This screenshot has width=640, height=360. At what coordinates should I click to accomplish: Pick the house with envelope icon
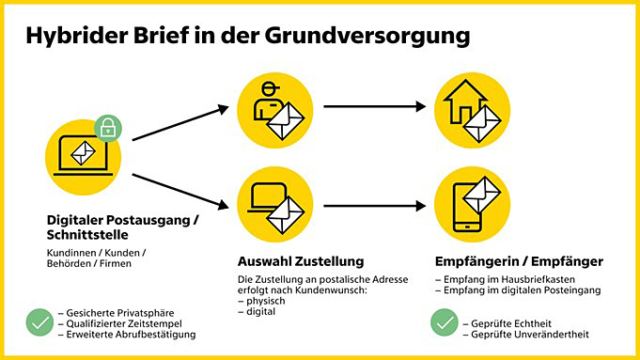473,106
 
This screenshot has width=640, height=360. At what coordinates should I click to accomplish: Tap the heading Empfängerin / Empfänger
519,261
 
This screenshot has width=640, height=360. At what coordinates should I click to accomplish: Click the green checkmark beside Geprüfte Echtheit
445,322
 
